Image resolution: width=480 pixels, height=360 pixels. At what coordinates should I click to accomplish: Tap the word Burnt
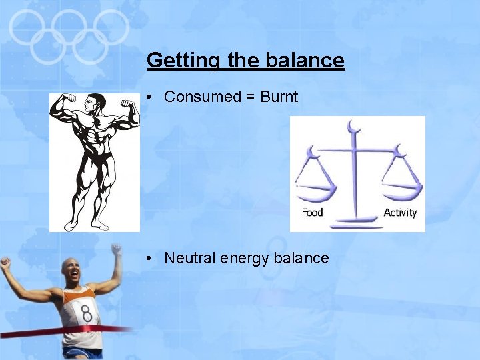click(279, 97)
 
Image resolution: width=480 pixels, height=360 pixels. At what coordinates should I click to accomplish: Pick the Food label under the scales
click(312, 213)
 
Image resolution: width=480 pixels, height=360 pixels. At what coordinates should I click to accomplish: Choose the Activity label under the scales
click(400, 213)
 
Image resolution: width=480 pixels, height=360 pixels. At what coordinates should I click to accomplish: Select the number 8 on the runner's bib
click(86, 312)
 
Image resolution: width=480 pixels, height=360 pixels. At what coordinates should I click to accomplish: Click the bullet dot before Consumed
click(151, 97)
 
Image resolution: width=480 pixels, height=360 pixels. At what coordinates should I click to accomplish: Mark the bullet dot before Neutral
click(151, 259)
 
